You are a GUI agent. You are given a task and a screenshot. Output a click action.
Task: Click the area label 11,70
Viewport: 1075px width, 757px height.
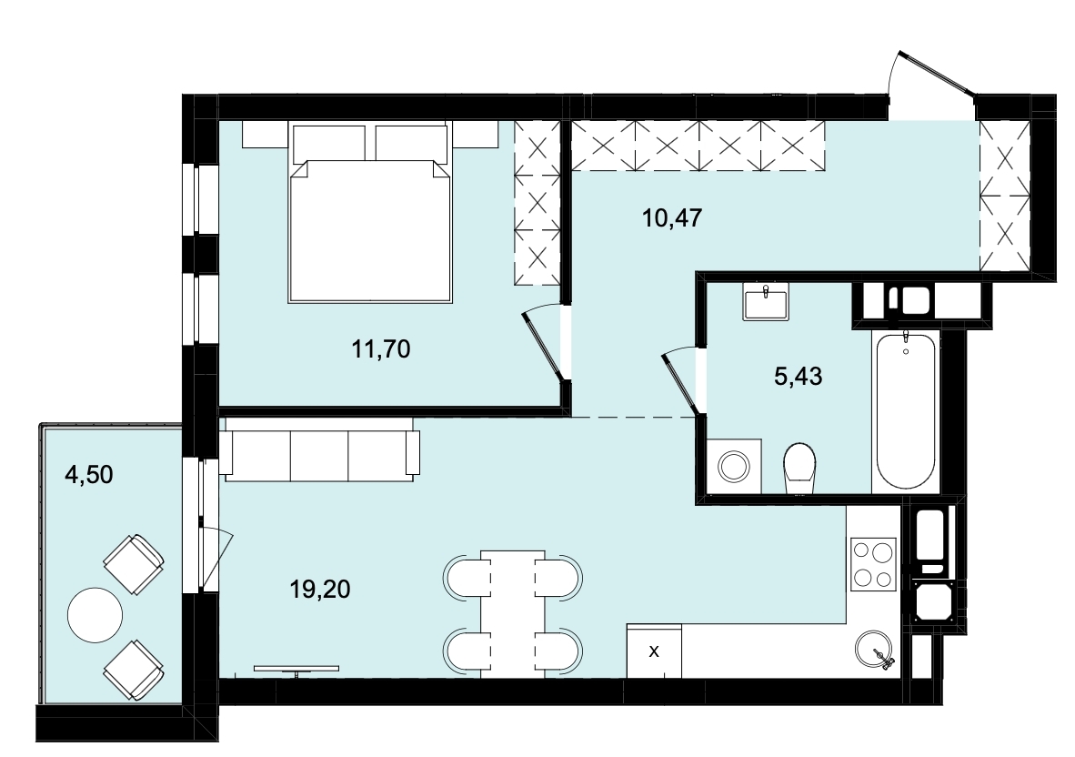380,349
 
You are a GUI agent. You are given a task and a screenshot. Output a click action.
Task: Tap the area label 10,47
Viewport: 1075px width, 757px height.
673,218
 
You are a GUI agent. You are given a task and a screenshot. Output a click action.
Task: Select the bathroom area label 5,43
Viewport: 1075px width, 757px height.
798,376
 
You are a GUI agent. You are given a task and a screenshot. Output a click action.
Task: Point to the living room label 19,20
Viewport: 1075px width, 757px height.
320,589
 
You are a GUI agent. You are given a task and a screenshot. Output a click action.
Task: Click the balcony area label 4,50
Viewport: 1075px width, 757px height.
88,474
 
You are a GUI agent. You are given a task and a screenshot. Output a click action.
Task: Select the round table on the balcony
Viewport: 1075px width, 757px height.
95,614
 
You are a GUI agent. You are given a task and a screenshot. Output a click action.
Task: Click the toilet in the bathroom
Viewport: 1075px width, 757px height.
799,469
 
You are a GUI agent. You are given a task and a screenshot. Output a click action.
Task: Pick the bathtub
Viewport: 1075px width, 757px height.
906,410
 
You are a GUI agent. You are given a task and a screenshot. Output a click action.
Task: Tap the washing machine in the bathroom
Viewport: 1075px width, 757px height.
734,466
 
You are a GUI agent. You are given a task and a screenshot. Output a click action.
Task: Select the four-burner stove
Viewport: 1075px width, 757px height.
873,564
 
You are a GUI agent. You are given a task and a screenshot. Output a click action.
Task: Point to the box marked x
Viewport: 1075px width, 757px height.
654,651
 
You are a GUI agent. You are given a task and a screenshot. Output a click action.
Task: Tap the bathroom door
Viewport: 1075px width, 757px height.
683,381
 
